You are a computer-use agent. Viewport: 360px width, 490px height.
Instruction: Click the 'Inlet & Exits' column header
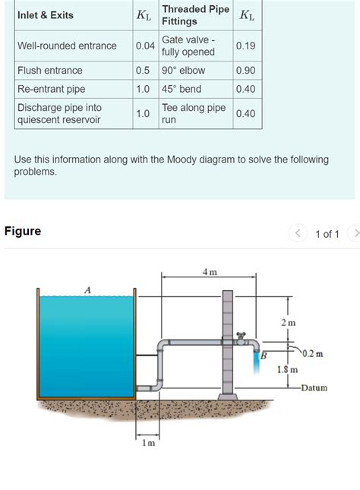(x=46, y=15)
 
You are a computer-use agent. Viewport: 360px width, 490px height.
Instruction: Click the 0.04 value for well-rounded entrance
(x=145, y=46)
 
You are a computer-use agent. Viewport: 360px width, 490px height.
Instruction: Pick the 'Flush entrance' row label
(x=49, y=71)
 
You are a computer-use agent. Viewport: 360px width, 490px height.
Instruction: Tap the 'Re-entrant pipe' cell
(x=51, y=89)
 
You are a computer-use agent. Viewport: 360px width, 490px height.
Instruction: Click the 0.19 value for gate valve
(x=245, y=46)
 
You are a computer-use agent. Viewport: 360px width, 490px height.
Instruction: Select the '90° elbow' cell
(x=183, y=71)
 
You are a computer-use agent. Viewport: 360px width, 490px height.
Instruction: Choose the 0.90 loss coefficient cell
(x=245, y=71)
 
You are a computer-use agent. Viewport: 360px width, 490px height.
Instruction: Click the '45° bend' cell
(x=181, y=89)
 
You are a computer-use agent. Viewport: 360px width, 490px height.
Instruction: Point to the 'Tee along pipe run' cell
(x=194, y=113)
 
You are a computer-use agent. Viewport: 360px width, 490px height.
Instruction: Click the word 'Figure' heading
(x=23, y=231)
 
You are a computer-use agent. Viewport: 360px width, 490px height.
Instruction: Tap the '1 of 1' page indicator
(x=327, y=234)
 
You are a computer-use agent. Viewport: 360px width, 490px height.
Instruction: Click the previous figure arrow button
(x=298, y=233)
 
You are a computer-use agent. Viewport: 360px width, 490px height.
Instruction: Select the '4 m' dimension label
(x=209, y=272)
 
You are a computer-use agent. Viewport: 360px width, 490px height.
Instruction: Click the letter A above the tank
(x=87, y=289)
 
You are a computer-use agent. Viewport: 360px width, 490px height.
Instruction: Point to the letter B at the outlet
(x=264, y=354)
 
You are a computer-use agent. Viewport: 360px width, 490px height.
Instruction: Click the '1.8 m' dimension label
(x=286, y=369)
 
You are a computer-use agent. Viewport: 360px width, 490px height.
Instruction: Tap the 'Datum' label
(x=313, y=387)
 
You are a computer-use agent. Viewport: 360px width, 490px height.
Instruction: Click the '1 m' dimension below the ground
(x=147, y=443)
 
